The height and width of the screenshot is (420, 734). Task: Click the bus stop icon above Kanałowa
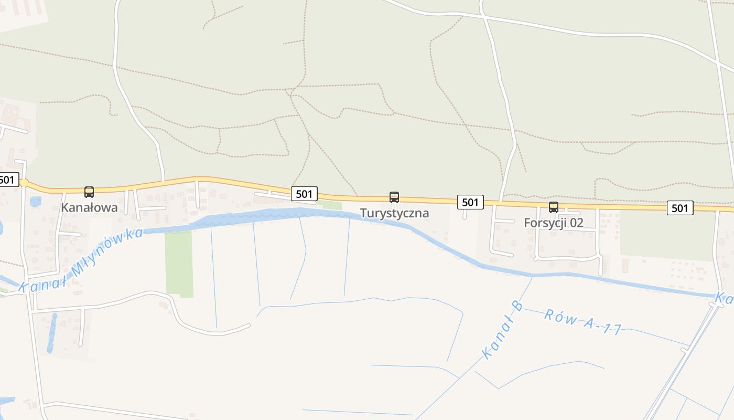pos(89,192)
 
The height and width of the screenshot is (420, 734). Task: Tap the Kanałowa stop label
pos(89,207)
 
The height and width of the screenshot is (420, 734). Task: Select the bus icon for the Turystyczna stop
pos(394,197)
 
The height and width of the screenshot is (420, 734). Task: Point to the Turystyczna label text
pos(394,213)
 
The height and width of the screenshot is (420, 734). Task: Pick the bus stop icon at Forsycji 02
pos(554,207)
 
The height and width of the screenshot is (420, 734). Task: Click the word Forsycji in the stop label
pos(545,223)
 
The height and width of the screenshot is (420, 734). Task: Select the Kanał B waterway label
pos(502,330)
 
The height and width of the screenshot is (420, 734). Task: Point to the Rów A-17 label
pos(582,322)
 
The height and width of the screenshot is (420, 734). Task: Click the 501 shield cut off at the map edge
pos(7,180)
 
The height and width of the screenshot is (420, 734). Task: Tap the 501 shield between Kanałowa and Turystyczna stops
pos(304,194)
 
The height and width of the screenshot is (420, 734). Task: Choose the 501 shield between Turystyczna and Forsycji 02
pos(470,202)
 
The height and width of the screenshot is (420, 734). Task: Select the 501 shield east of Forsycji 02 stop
pos(679,208)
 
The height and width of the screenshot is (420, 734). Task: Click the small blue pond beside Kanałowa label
pos(35,201)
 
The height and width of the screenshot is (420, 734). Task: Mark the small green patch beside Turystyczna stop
pos(332,205)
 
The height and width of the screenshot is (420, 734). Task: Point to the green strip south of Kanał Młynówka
pos(179,262)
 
